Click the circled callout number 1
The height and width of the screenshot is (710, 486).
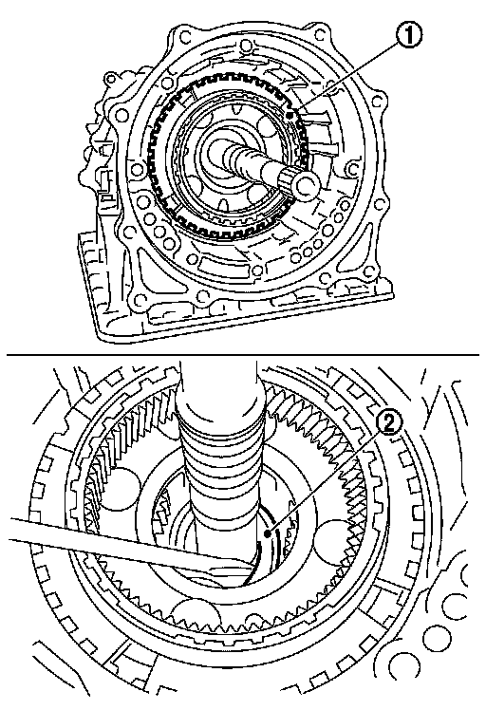409,35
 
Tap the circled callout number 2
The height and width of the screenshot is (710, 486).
389,424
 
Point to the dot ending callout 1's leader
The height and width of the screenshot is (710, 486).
290,116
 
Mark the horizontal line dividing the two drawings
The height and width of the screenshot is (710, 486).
242,355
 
